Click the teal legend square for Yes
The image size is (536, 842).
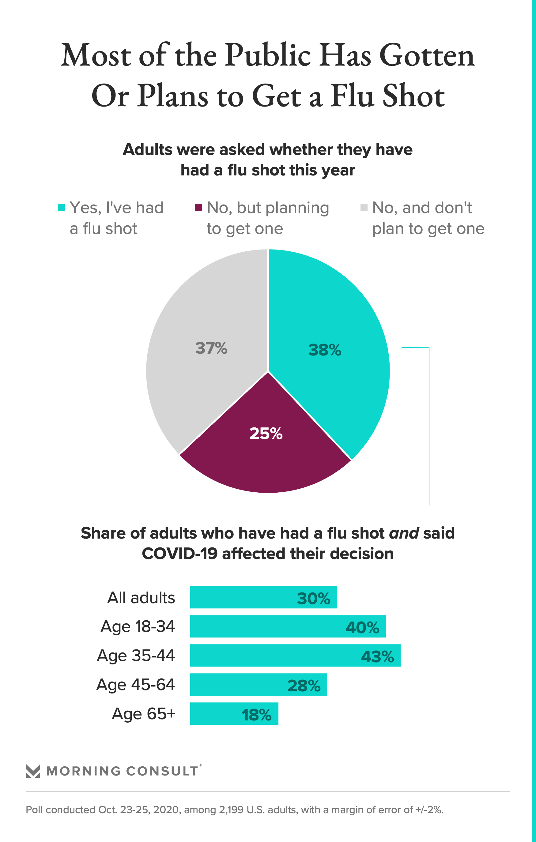click(62, 207)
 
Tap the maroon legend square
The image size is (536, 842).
click(198, 207)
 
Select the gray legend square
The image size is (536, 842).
click(364, 207)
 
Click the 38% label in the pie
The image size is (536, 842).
click(325, 350)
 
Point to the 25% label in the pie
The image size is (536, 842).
click(266, 433)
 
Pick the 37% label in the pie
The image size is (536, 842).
click(211, 348)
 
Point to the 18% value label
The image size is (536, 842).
click(256, 715)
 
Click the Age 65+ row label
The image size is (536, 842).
click(143, 713)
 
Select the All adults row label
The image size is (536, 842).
click(141, 598)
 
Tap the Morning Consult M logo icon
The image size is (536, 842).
click(33, 771)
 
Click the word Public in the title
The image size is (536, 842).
click(268, 55)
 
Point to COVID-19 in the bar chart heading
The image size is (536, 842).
click(179, 554)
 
